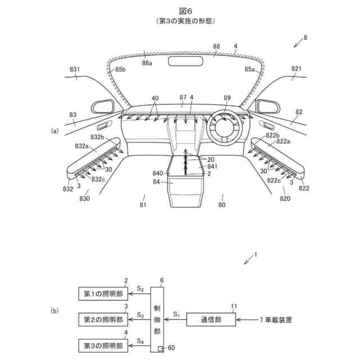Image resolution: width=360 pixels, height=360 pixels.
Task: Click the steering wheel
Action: pos(226,129)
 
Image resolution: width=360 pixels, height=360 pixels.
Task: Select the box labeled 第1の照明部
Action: pos(103,294)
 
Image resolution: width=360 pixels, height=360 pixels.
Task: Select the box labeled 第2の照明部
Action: pos(103,319)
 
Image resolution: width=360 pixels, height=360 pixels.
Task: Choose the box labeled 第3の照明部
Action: pos(103,344)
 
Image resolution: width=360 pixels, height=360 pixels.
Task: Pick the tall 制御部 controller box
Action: pos(160,319)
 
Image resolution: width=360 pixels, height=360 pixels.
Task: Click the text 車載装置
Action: pos(280,319)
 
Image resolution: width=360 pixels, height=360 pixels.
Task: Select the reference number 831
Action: pos(74,70)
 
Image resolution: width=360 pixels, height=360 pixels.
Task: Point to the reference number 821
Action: pos(296,69)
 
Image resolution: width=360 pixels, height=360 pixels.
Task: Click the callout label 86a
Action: pos(147,64)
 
